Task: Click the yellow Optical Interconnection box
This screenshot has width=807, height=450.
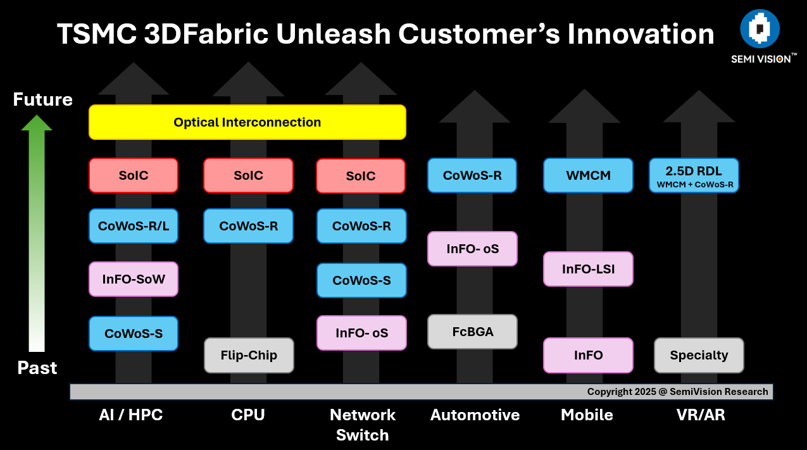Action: tap(247, 122)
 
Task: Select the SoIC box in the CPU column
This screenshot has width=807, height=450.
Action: tap(248, 175)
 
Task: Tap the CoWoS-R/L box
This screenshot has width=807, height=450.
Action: tap(134, 226)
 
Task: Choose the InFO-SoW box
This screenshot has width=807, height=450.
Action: tap(134, 278)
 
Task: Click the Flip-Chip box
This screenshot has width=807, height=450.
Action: tap(249, 355)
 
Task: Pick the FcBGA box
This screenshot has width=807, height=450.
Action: tap(472, 332)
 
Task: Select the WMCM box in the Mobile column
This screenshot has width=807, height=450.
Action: tap(588, 175)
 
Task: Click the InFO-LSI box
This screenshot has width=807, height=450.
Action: tap(588, 269)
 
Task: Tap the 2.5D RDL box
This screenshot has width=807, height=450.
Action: tap(694, 175)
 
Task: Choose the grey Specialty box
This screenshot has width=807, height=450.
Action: tap(699, 355)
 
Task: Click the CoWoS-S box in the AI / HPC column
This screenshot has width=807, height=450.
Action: tap(134, 333)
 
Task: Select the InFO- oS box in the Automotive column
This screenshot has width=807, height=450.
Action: tap(472, 249)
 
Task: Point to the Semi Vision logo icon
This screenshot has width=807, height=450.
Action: tap(760, 29)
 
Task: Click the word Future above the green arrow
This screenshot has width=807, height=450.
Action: tap(43, 100)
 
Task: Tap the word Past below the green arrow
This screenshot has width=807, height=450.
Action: tap(37, 368)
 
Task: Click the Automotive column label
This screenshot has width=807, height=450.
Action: tap(475, 415)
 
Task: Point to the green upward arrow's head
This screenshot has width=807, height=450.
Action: tap(37, 123)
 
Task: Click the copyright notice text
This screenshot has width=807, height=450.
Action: tap(677, 392)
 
